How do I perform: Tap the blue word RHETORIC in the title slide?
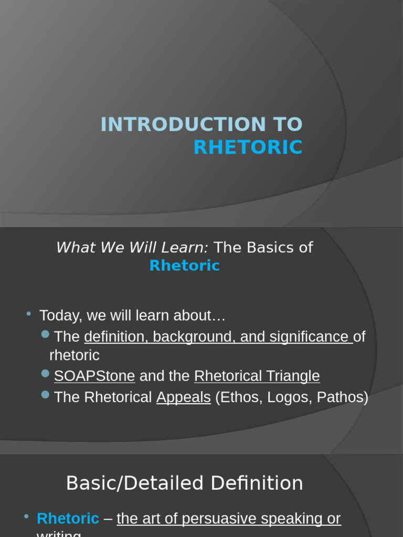tap(248, 147)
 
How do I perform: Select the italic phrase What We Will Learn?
tap(132, 248)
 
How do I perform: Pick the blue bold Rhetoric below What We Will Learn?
tap(184, 266)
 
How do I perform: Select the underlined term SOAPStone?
tap(94, 376)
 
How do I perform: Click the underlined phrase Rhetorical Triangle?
tap(257, 376)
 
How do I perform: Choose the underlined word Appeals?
tap(183, 398)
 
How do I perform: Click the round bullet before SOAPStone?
tap(45, 373)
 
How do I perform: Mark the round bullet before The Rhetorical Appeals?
tap(45, 394)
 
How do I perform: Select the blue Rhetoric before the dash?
tap(68, 519)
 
